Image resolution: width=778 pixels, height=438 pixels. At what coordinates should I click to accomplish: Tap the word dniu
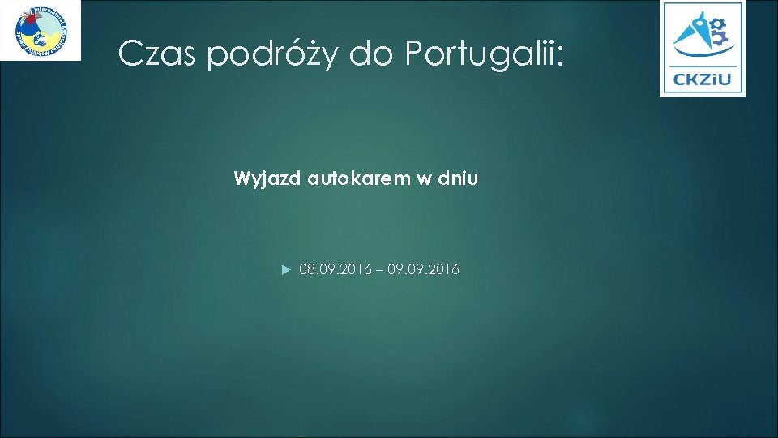[458, 178]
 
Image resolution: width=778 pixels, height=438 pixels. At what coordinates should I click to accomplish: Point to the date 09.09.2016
[424, 269]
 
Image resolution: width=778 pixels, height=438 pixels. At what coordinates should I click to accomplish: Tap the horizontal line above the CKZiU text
[702, 67]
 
